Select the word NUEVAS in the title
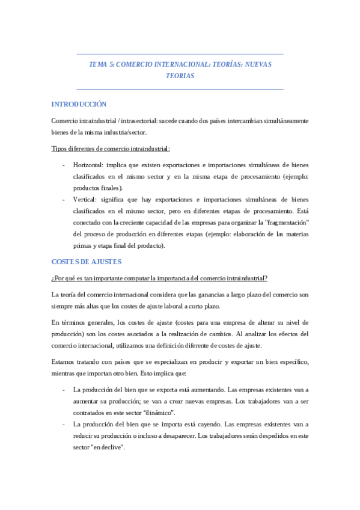point(258,64)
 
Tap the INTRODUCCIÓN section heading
point(79,105)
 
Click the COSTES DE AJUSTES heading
point(87,262)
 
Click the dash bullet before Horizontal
point(64,164)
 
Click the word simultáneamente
point(282,121)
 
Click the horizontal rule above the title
point(180,54)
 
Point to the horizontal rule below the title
point(180,89)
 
